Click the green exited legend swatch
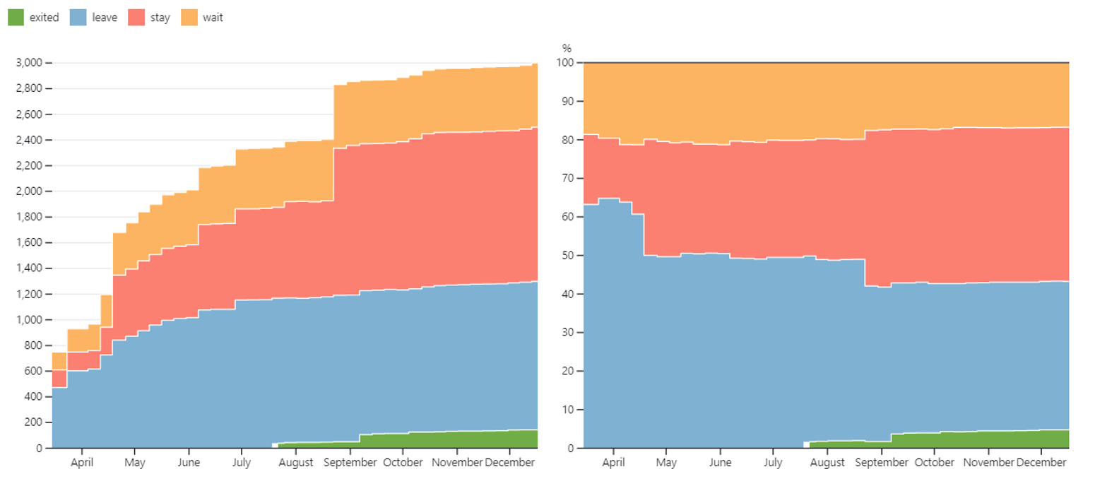pyautogui.click(x=16, y=18)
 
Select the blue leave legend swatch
pyautogui.click(x=78, y=18)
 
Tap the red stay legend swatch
pyautogui.click(x=136, y=18)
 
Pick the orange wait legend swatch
pyautogui.click(x=189, y=18)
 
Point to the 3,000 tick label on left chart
pyautogui.click(x=29, y=63)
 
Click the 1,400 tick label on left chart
pyautogui.click(x=29, y=268)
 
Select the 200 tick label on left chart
pyautogui.click(x=32, y=422)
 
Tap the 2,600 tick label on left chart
pyautogui.click(x=29, y=114)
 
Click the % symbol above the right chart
pyautogui.click(x=567, y=49)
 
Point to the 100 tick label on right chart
pyautogui.click(x=565, y=63)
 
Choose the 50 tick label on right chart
pyautogui.click(x=568, y=255)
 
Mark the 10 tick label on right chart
pyautogui.click(x=568, y=410)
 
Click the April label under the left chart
pyautogui.click(x=82, y=463)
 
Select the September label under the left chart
pyautogui.click(x=350, y=463)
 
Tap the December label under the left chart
pyautogui.click(x=510, y=463)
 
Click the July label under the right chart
pyautogui.click(x=773, y=463)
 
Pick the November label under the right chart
pyautogui.click(x=988, y=463)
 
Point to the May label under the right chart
pyautogui.click(x=666, y=463)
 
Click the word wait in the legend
pyautogui.click(x=213, y=18)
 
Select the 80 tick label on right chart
pyautogui.click(x=568, y=140)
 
